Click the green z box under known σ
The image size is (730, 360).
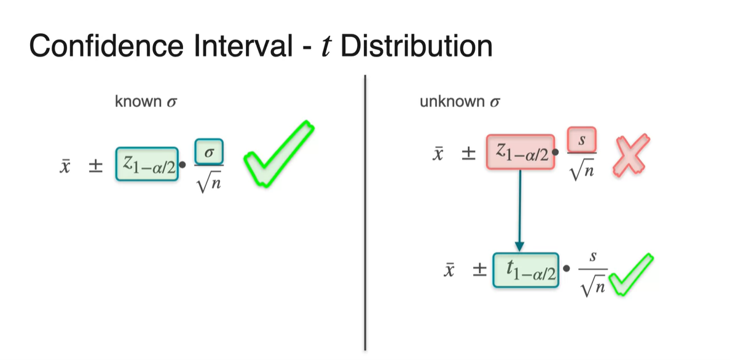click(147, 164)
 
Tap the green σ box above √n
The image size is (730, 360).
click(208, 151)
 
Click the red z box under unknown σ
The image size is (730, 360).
click(520, 151)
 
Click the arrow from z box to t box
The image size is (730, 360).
click(520, 209)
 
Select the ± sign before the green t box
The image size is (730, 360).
click(478, 270)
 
